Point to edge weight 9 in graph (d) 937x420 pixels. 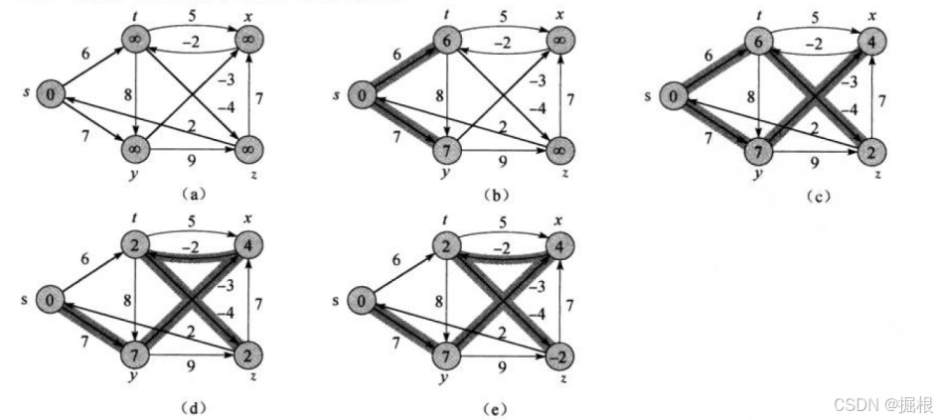(x=187, y=368)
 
